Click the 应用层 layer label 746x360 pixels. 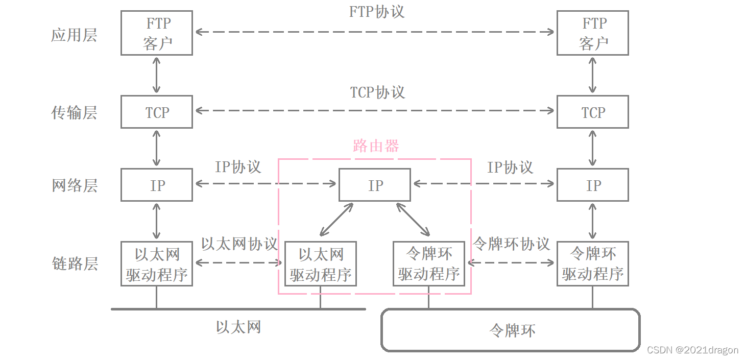tap(74, 35)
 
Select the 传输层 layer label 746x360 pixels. tap(74, 112)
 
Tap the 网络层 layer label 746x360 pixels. tap(75, 185)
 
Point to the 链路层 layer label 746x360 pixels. tap(75, 263)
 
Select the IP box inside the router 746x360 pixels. tap(375, 185)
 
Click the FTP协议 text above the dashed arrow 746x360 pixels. tap(377, 12)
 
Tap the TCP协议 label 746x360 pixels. tap(377, 92)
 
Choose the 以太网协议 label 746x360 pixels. tap(239, 244)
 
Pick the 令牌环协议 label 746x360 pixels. tap(512, 244)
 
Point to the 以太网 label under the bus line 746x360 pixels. tap(238, 327)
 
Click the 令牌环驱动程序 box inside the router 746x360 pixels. tap(429, 263)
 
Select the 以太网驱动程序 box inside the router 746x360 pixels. tap(321, 264)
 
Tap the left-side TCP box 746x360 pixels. tap(157, 112)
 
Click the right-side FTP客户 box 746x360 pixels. tap(592, 33)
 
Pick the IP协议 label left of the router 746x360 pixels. tap(238, 167)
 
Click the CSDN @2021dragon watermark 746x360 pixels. tap(692, 350)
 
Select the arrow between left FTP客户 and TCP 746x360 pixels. tap(157, 75)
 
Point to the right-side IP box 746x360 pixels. tap(592, 185)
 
